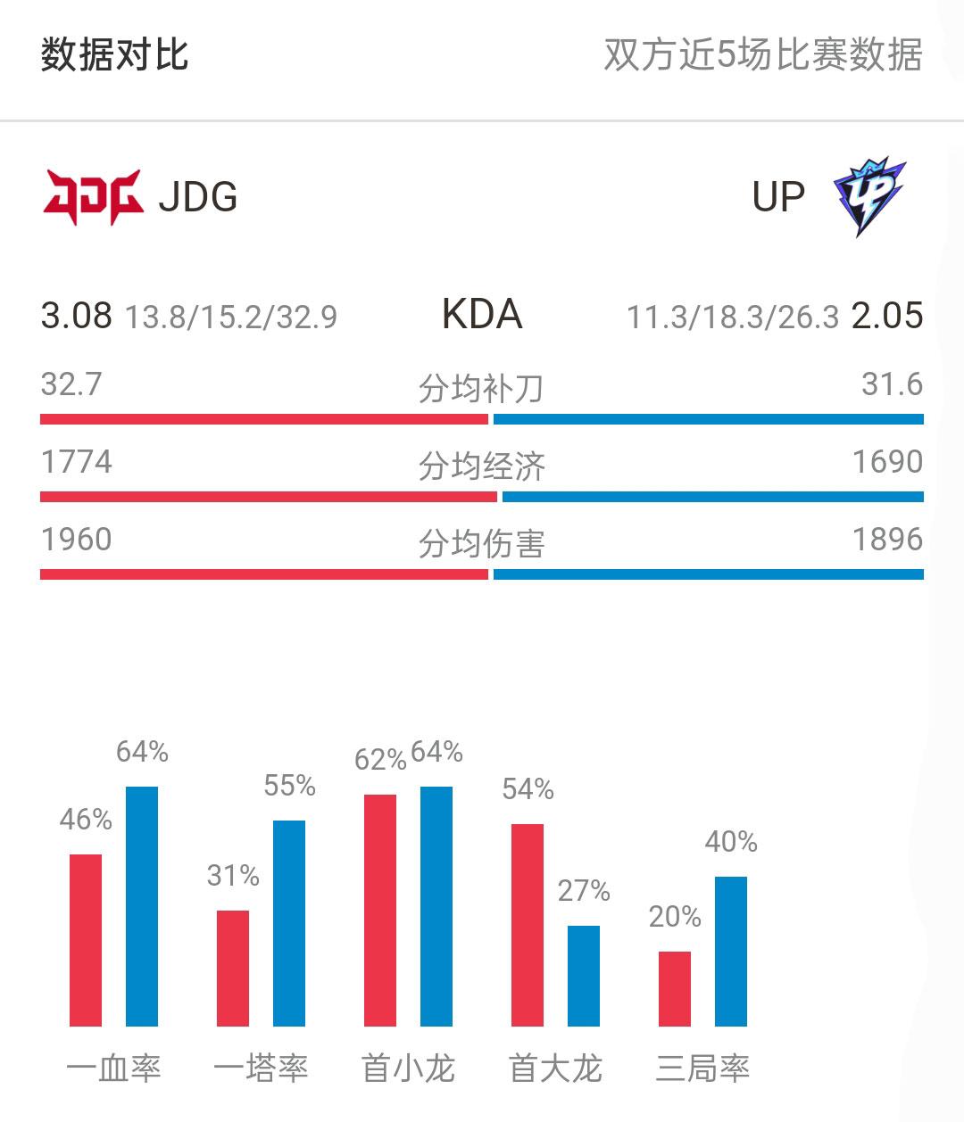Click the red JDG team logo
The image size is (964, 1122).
93,197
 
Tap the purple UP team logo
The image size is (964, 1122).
868,197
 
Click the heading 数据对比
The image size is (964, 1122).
114,55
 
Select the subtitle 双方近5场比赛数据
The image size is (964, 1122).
762,55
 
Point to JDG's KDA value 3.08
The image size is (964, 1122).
77,316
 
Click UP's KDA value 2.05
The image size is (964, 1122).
886,316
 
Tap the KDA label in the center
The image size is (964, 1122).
482,315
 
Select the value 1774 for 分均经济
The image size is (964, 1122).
77,462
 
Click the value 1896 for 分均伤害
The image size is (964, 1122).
886,540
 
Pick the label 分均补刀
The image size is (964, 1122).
482,389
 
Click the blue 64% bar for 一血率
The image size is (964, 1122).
142,905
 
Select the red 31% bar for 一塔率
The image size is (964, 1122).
233,968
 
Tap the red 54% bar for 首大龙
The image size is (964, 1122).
528,925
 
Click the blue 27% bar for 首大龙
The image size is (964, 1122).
584,976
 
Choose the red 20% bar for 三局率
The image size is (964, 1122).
675,988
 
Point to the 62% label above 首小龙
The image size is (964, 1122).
380,760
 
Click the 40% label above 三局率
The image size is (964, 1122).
731,842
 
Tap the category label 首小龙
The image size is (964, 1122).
408,1068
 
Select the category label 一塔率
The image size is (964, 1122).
261,1068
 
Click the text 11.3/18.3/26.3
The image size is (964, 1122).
732,318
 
